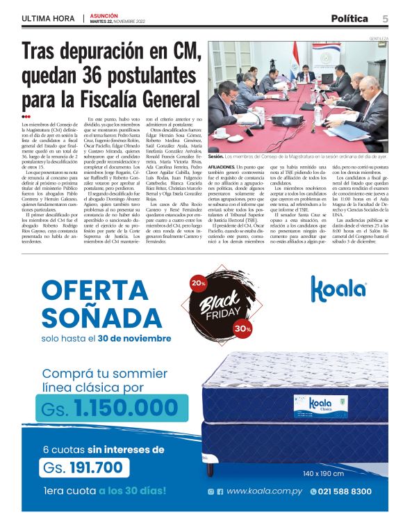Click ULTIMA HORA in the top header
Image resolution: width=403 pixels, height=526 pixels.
(47, 18)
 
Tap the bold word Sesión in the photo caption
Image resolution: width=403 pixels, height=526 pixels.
(216, 157)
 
